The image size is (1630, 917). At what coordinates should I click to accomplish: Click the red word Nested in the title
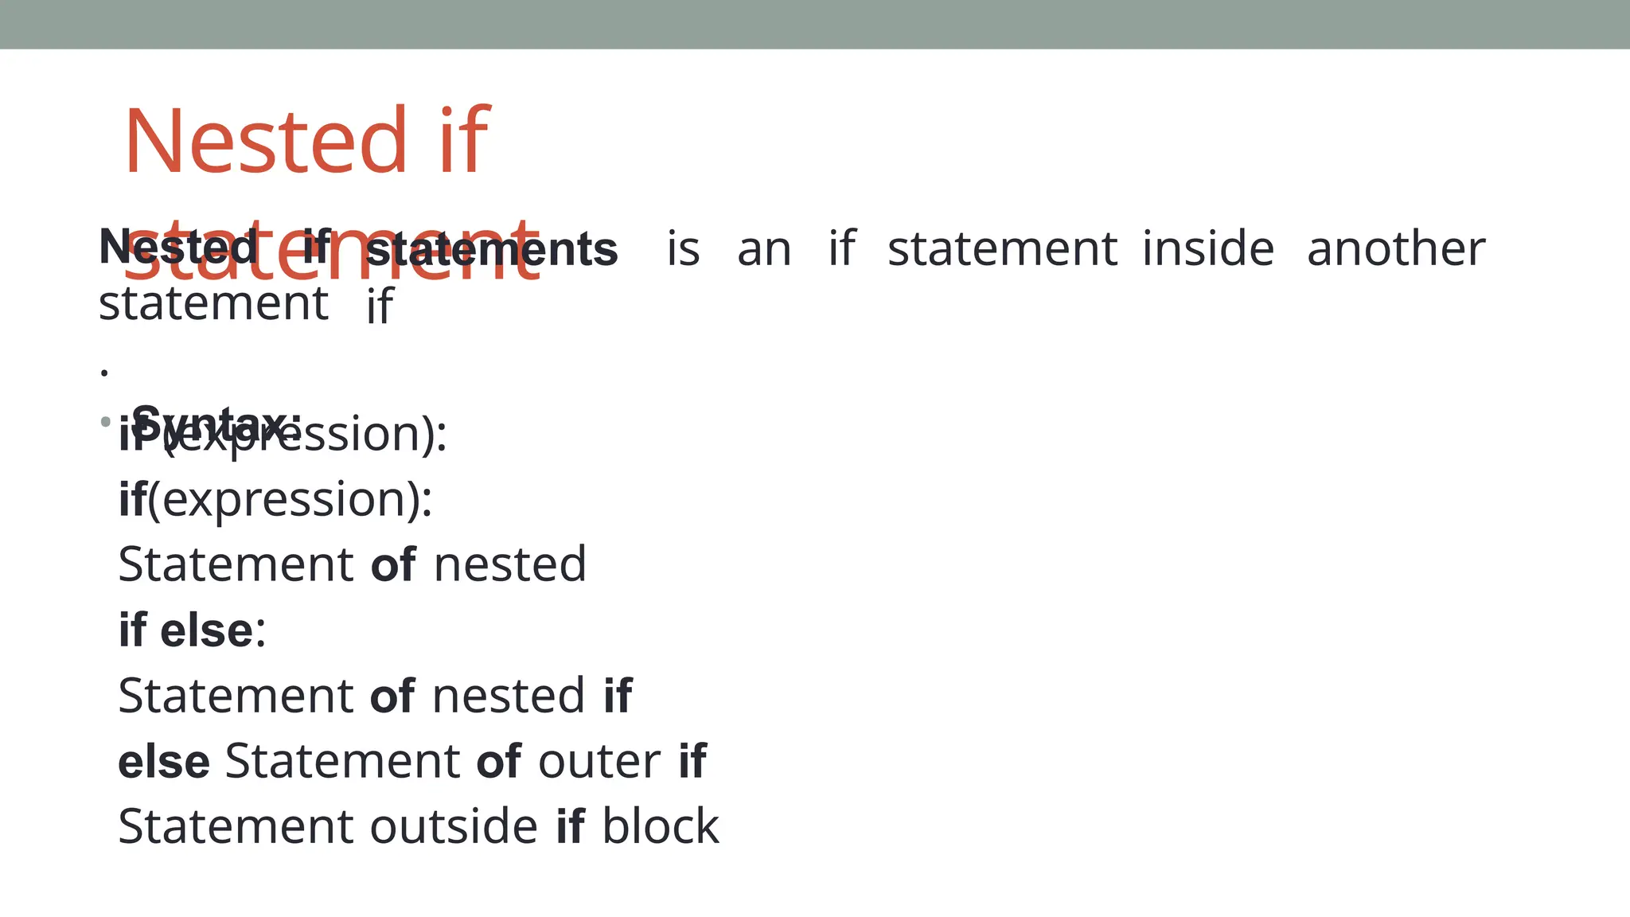coord(266,141)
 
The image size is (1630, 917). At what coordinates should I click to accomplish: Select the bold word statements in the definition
coord(492,249)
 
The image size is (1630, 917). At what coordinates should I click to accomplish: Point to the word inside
coord(1207,248)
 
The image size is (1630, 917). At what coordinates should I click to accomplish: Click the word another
coord(1396,248)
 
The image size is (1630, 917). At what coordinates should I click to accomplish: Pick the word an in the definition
coord(764,249)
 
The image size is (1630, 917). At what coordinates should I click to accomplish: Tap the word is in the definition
coord(683,248)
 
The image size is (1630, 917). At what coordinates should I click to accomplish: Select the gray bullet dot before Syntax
coord(106,422)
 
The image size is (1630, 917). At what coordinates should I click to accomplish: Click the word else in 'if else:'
coord(206,630)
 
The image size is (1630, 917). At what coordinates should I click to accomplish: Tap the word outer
coord(599,761)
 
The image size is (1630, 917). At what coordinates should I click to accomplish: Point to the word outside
coord(454,826)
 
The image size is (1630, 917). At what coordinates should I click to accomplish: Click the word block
coord(660,826)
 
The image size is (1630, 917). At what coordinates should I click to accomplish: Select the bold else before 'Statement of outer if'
coord(164,762)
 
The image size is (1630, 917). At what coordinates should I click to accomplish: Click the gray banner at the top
coord(815,24)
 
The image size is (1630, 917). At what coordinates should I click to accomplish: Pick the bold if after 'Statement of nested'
coord(618,696)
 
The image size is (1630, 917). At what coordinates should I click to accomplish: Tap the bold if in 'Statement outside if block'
coord(571,826)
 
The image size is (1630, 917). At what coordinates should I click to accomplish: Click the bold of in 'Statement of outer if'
coord(499,762)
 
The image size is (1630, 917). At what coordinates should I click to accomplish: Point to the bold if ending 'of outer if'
coord(692,761)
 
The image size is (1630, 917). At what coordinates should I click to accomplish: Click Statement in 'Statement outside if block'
coord(236,826)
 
